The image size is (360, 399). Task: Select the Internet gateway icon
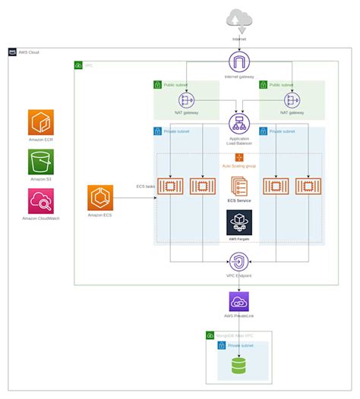coord(239,62)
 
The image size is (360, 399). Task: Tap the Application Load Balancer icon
coord(239,124)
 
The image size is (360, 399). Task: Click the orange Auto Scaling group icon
coord(239,156)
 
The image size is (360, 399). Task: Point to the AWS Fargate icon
coord(239,223)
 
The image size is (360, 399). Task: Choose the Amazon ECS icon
coord(100,197)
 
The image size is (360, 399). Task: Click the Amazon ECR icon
coord(41,122)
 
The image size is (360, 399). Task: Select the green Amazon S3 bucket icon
coord(41,162)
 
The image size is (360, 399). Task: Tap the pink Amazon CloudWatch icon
coord(41,201)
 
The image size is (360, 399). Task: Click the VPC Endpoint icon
coord(239,262)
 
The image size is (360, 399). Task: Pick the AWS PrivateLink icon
coord(239,301)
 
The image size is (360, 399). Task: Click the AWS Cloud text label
coord(29,52)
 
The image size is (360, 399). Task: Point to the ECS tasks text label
coord(146,186)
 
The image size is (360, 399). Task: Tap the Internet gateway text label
coord(239,77)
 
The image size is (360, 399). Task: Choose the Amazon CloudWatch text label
coord(41,218)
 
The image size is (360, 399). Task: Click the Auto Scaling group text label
coord(239,165)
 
